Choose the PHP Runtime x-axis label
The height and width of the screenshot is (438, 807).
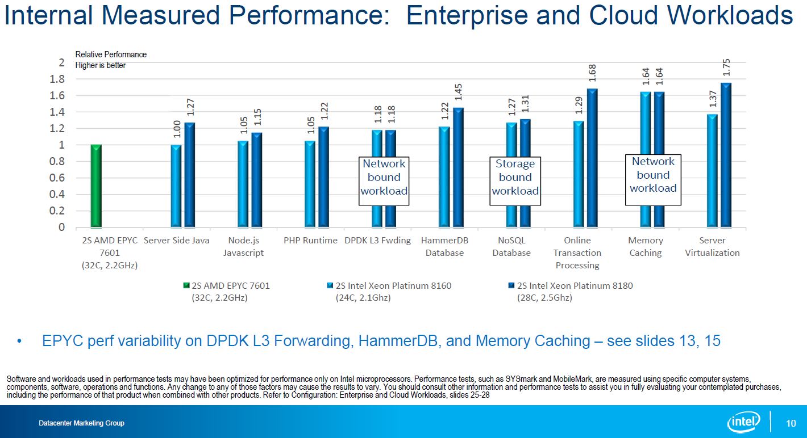pyautogui.click(x=310, y=241)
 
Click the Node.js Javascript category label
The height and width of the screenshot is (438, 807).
pyautogui.click(x=244, y=246)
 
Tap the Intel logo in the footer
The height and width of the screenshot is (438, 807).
pyautogui.click(x=744, y=422)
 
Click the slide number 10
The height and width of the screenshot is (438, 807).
pyautogui.click(x=791, y=423)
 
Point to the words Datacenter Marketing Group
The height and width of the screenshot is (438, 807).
pyautogui.click(x=81, y=423)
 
